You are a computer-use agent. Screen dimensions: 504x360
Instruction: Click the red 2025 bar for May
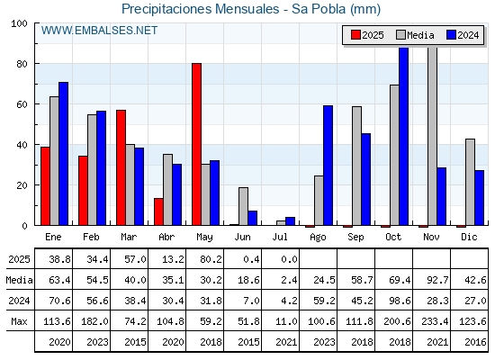tap(197, 144)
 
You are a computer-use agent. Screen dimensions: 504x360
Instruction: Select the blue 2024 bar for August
tap(328, 166)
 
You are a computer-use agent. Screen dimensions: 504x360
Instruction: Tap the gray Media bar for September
tap(356, 166)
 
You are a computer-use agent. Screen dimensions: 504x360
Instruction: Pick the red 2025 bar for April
tap(158, 211)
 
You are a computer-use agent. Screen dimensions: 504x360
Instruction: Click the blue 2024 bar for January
tap(63, 154)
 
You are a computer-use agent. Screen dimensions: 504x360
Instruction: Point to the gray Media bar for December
tap(470, 182)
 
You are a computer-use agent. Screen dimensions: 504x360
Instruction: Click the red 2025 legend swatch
tap(355, 35)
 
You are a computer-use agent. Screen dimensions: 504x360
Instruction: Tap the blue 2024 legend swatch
tap(451, 35)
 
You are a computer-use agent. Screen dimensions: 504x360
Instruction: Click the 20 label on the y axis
tap(22, 185)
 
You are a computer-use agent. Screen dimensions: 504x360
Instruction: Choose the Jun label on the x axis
tap(242, 238)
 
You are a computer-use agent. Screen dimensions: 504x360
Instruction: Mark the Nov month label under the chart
tap(431, 238)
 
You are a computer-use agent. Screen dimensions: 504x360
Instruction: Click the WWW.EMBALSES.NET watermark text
tap(99, 31)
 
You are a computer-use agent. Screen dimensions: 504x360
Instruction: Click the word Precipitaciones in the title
tap(166, 9)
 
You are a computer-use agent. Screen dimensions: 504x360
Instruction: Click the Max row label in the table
tap(19, 321)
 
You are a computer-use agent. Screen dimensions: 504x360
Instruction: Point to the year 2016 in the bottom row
tap(475, 342)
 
